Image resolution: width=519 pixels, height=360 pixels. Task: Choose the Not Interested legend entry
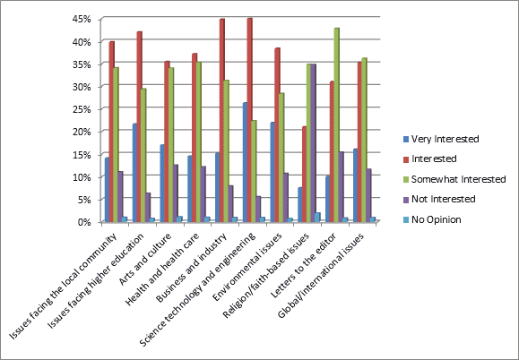coord(438,199)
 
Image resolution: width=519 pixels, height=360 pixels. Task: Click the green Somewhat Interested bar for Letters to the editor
coord(337,124)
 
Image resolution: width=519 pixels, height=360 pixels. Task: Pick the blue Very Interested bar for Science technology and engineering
coord(244,161)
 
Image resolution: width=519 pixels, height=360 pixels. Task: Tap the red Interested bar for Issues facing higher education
coord(140,126)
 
